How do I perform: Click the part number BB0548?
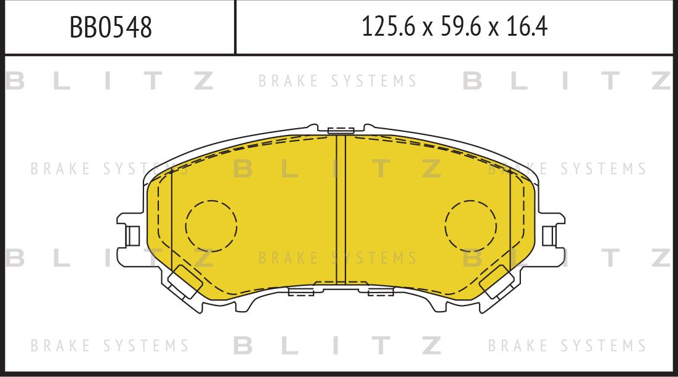tap(110, 27)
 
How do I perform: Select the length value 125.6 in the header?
tap(384, 27)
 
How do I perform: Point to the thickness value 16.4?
tap(527, 27)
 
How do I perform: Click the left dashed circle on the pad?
tap(211, 225)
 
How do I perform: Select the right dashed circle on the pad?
tap(470, 225)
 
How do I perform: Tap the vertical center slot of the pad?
tap(341, 209)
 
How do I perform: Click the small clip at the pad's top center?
tap(341, 130)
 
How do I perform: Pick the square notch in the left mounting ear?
tap(132, 235)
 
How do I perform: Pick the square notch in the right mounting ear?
tap(549, 235)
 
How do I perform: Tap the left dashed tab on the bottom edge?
tap(301, 291)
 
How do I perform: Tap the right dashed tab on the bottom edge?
tap(381, 291)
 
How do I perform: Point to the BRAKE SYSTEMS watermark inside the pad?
tap(337, 257)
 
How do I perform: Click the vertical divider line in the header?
tap(236, 27)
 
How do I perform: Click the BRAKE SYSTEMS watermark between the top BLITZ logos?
tap(337, 81)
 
